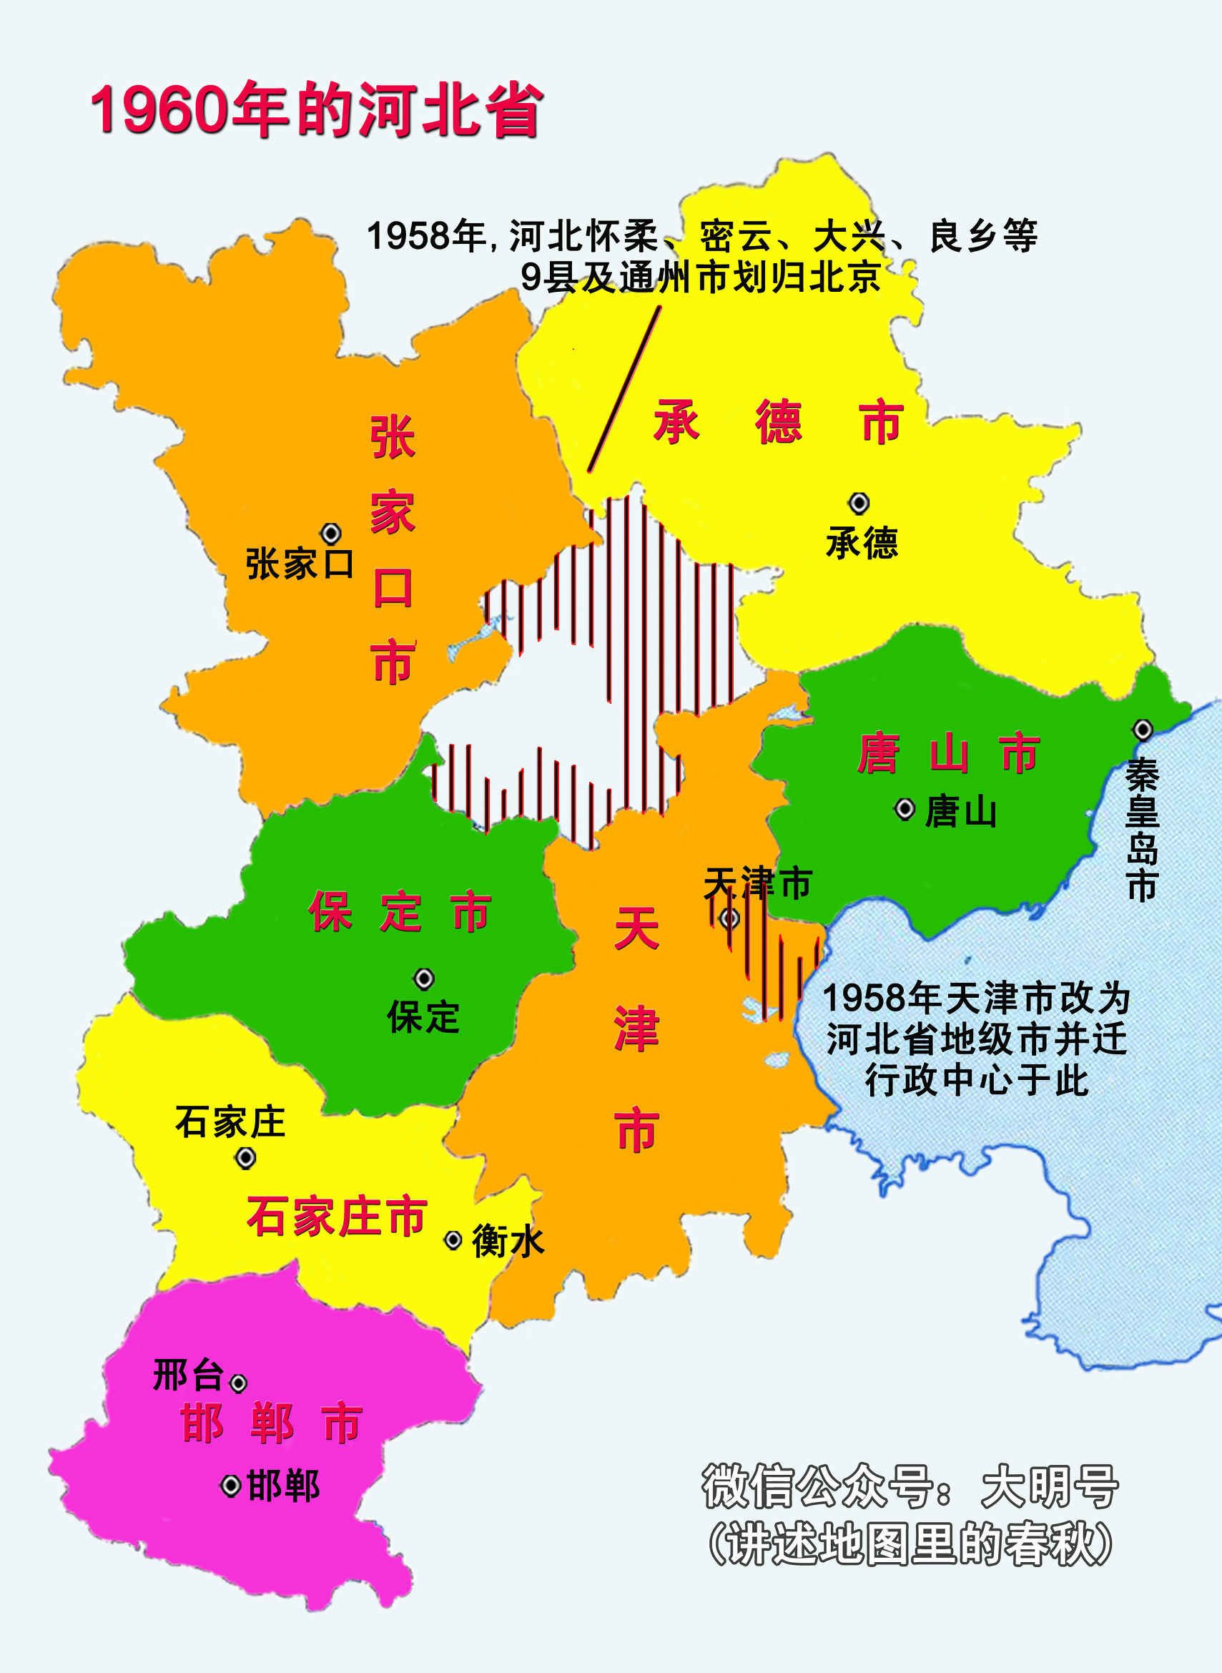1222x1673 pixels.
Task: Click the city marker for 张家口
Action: (330, 533)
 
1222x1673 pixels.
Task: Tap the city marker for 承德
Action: (858, 503)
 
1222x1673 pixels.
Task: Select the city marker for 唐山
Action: (905, 809)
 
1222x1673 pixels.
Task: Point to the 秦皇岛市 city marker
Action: (1143, 730)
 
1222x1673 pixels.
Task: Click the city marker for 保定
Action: (424, 979)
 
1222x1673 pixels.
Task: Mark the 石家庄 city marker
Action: (245, 1158)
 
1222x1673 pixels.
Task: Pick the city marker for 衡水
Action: (453, 1240)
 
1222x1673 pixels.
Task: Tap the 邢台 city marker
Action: (238, 1383)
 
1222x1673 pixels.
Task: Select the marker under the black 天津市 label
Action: (729, 918)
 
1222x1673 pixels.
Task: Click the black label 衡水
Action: (508, 1241)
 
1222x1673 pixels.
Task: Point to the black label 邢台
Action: (188, 1375)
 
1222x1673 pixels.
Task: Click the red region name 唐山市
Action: (949, 753)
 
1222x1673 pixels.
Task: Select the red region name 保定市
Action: (400, 912)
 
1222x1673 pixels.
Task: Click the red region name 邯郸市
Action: (272, 1422)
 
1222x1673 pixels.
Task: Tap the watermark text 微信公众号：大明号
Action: (909, 1486)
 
